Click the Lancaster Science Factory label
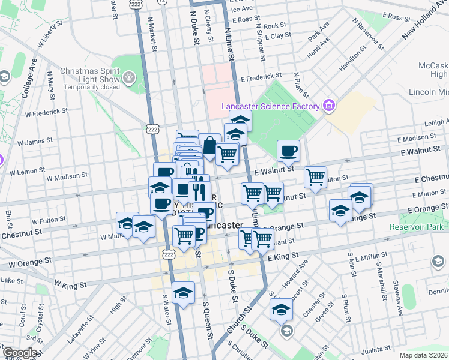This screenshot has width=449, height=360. tap(271, 106)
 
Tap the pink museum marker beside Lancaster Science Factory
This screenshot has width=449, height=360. tap(328, 106)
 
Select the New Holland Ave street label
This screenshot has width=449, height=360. tap(424, 20)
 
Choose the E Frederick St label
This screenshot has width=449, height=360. tap(261, 77)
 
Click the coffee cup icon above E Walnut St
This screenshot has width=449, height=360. tap(288, 151)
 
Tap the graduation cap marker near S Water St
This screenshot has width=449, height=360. tap(184, 293)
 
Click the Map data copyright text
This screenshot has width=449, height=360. tap(423, 355)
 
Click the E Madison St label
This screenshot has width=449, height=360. tap(415, 139)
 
